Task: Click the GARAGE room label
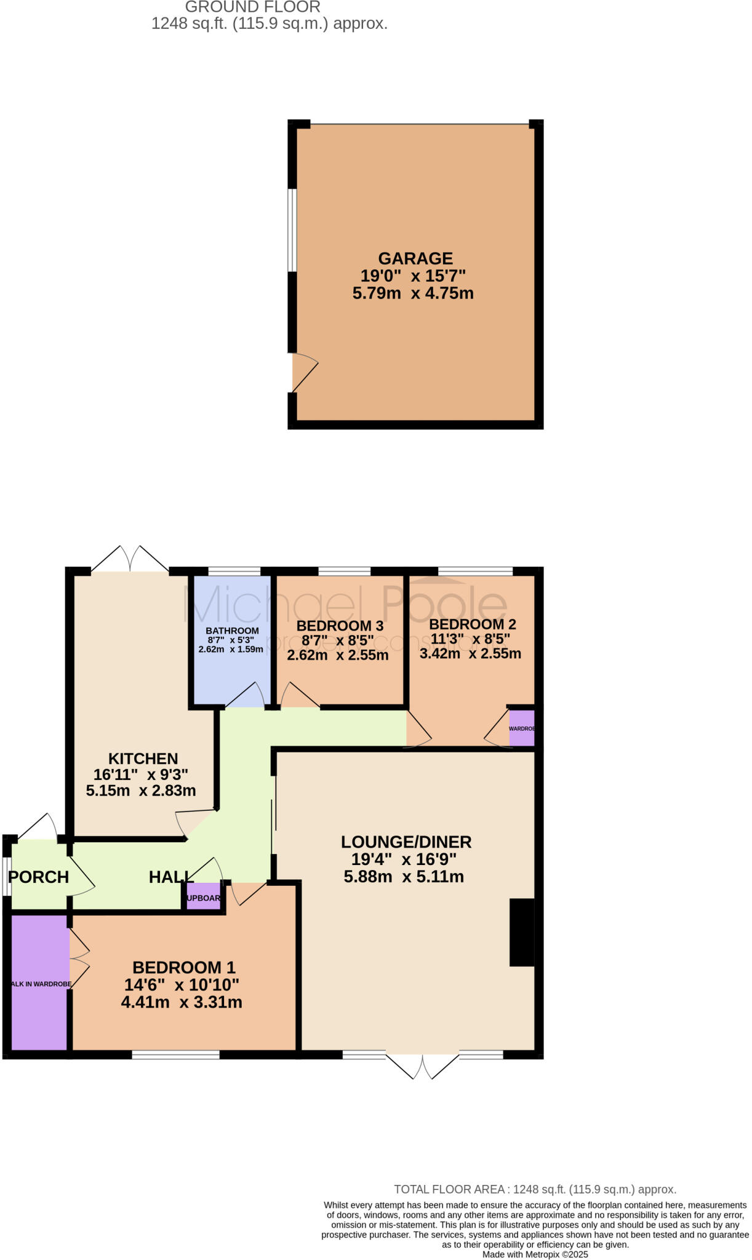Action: [415, 258]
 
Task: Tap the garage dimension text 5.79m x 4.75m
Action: [413, 293]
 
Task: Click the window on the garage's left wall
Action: [293, 229]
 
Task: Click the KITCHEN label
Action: [143, 759]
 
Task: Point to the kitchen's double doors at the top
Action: [130, 559]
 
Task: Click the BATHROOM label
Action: [232, 631]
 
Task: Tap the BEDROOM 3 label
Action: [340, 626]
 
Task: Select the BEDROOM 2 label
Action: [473, 624]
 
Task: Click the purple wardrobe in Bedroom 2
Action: [522, 728]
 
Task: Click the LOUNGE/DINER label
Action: [406, 842]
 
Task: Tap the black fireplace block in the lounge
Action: [522, 932]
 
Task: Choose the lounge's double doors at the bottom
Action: [423, 1066]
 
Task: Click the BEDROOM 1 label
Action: [184, 968]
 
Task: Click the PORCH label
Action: [39, 877]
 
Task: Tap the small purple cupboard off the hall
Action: [204, 898]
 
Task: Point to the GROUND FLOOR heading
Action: [252, 7]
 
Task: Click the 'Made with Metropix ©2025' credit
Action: [535, 1254]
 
